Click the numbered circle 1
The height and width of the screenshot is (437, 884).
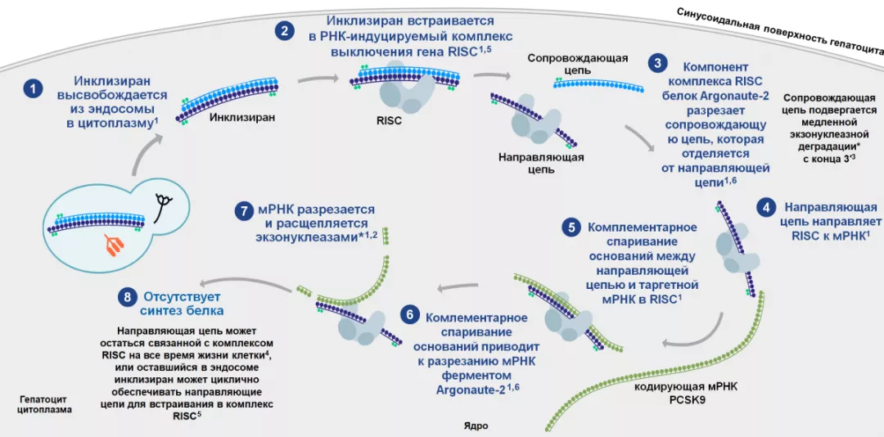tap(32, 88)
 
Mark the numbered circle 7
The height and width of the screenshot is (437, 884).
tap(242, 210)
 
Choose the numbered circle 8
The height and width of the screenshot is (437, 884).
tap(127, 296)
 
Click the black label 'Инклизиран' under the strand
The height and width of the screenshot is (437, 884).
tap(242, 117)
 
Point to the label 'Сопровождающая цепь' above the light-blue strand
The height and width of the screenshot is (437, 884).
tap(578, 65)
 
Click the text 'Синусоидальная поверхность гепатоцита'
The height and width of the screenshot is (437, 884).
tap(778, 29)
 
